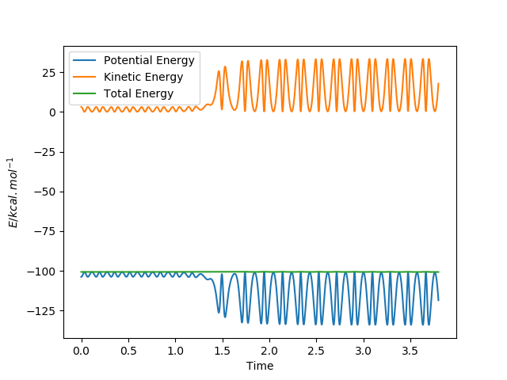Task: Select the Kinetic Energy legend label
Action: coord(143,77)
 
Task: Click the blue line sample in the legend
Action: coord(86,61)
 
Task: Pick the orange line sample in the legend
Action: coord(86,77)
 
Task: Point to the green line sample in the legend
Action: coord(86,93)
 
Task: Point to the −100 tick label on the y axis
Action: coord(44,272)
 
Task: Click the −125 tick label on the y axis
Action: coord(44,311)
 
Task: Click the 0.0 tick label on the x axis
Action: coord(81,350)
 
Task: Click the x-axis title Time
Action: coord(260,365)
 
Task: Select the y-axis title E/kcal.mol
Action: coord(14,192)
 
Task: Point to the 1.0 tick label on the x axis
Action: coord(175,350)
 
